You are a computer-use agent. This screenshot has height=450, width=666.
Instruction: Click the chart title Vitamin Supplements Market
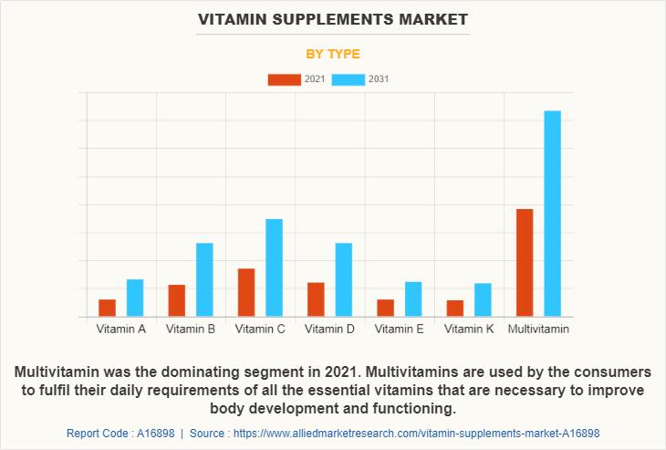point(332,19)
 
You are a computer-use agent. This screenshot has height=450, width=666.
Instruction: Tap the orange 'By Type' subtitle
point(332,54)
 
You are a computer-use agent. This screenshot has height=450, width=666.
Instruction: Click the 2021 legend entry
point(297,79)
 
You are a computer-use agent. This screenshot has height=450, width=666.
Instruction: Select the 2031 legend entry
point(361,79)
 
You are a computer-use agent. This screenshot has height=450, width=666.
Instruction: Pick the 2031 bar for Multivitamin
point(552,214)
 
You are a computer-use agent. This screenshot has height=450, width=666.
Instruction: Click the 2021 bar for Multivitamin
point(525,263)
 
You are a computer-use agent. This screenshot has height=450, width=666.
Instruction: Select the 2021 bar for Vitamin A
point(108,308)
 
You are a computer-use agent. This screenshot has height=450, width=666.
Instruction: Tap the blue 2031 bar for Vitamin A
point(135,298)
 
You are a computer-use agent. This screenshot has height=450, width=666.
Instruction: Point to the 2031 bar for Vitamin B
point(204,279)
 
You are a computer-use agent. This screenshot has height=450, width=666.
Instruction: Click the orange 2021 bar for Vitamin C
point(246,292)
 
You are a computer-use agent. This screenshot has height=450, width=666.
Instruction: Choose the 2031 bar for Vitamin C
point(274,267)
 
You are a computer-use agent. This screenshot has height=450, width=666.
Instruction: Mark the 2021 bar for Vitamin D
point(316,299)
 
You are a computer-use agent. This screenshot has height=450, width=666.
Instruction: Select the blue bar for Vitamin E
point(413,298)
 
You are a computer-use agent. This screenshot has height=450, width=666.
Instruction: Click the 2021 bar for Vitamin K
point(455,309)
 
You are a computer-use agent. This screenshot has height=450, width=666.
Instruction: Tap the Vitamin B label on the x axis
point(191,329)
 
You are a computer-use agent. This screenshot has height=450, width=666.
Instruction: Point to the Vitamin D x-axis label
point(329,329)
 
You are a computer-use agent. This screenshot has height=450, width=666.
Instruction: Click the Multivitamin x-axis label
point(538,329)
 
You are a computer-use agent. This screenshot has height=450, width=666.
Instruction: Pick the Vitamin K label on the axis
point(469,329)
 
